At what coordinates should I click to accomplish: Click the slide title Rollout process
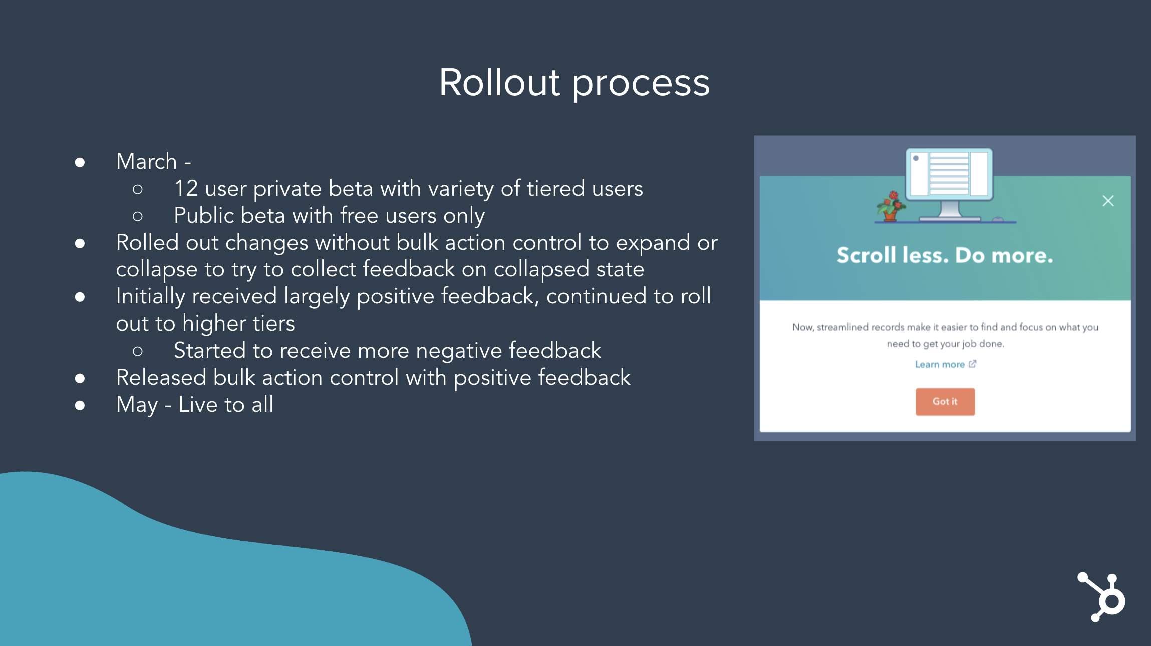pyautogui.click(x=574, y=83)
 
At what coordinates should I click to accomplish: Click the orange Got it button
pyautogui.click(x=945, y=402)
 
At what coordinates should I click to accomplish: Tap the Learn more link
pyautogui.click(x=945, y=364)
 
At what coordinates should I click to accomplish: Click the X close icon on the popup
pyautogui.click(x=1108, y=201)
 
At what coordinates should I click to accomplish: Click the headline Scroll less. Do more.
pyautogui.click(x=945, y=255)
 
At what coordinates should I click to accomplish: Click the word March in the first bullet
pyautogui.click(x=146, y=161)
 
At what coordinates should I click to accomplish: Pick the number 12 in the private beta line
pyautogui.click(x=186, y=188)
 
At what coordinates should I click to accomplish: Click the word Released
pyautogui.click(x=161, y=377)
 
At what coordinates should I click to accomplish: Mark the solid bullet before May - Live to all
pyautogui.click(x=80, y=405)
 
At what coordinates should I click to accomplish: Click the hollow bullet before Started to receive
pyautogui.click(x=138, y=351)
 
